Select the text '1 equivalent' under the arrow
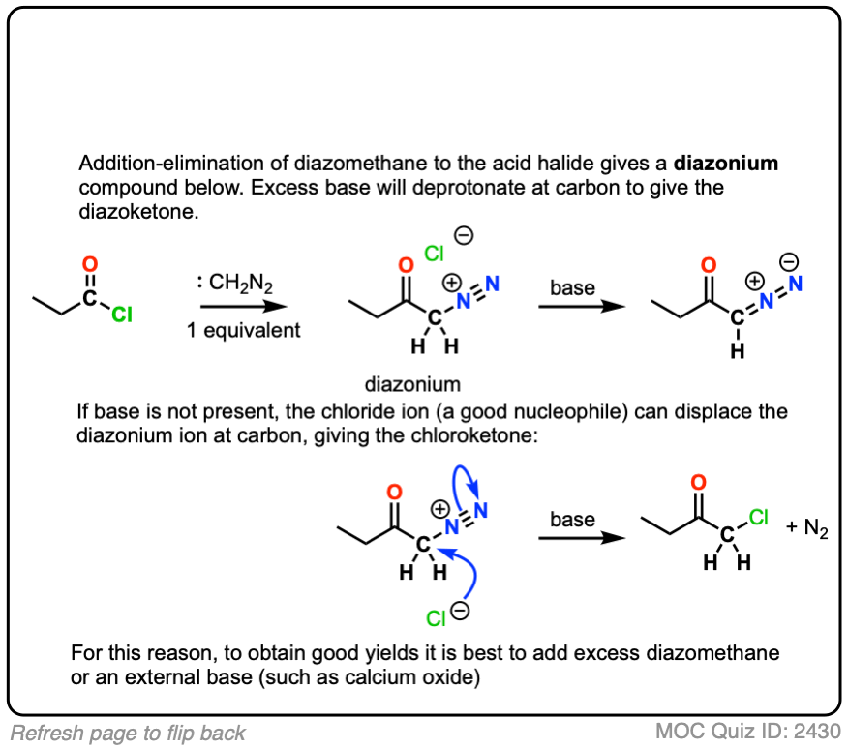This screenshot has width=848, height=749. pyautogui.click(x=244, y=329)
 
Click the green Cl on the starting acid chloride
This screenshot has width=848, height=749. pyautogui.click(x=122, y=314)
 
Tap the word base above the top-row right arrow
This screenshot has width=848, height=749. pyautogui.click(x=573, y=287)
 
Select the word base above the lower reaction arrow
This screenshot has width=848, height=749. pyautogui.click(x=573, y=520)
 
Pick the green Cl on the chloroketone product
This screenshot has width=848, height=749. pyautogui.click(x=758, y=518)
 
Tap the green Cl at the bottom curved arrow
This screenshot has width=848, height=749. pyautogui.click(x=439, y=616)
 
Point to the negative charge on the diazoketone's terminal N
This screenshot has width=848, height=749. pyautogui.click(x=791, y=261)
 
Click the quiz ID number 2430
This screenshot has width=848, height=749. pyautogui.click(x=817, y=731)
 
